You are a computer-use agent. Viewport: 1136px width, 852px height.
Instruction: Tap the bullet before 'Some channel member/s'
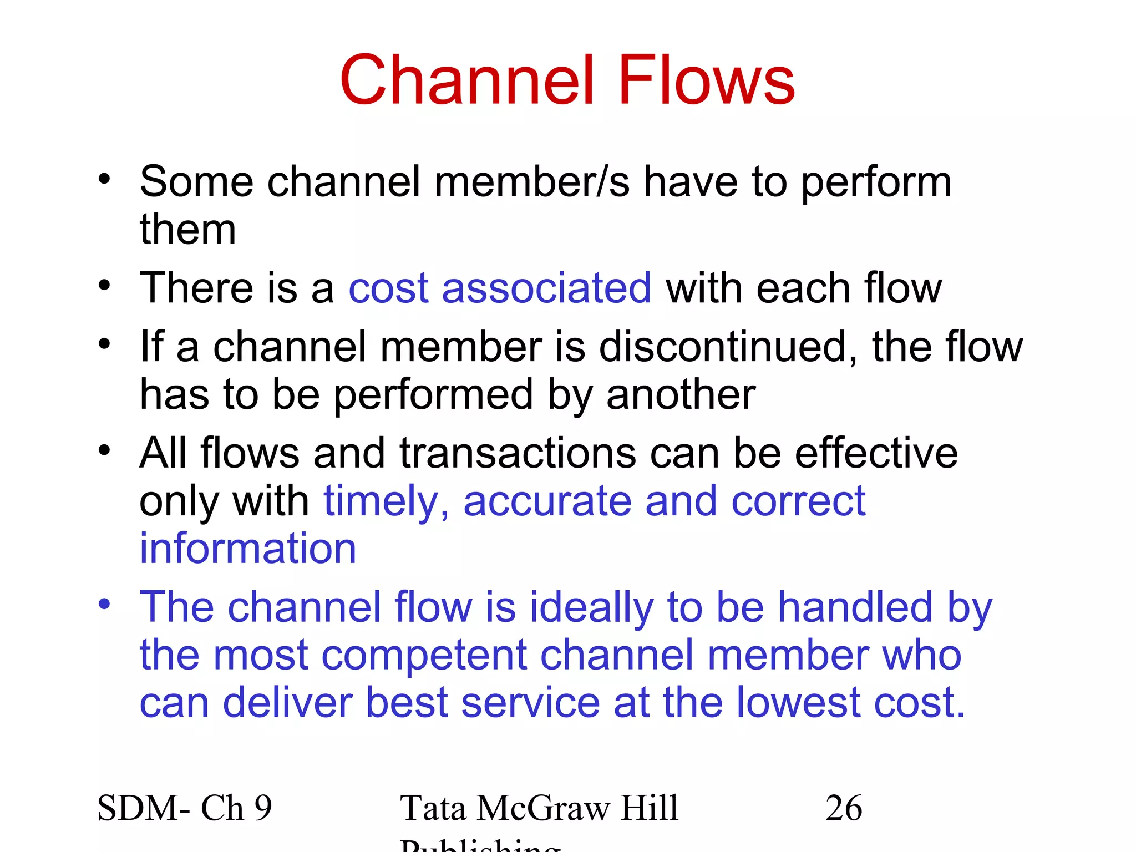point(104,179)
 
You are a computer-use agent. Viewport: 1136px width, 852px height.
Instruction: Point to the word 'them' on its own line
point(187,229)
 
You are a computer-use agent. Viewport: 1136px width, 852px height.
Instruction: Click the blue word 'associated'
point(546,288)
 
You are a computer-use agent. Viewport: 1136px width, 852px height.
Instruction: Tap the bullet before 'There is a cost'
point(104,285)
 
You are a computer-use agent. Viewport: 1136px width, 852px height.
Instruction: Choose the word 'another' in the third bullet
point(681,394)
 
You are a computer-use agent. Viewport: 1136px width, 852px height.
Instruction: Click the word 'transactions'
point(518,453)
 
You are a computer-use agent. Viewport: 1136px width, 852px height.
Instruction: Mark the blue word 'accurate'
point(547,500)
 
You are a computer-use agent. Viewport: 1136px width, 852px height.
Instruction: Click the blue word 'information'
point(247,548)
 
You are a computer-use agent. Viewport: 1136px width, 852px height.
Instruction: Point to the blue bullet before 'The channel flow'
point(104,604)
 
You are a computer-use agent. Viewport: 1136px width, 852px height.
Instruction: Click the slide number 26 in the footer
point(844,808)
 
